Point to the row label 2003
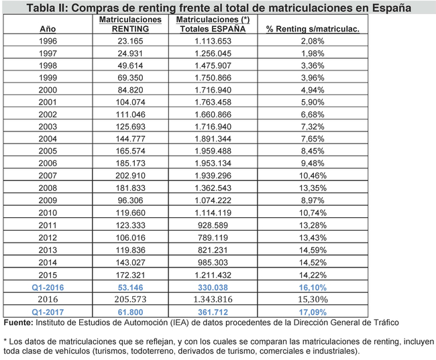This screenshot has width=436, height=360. [48, 127]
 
